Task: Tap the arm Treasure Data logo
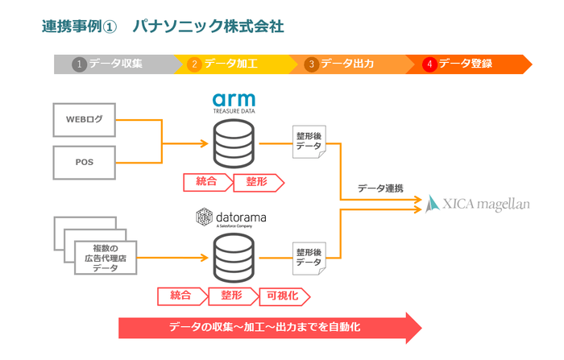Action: tap(234, 103)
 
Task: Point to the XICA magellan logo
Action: tap(479, 204)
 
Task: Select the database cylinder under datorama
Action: tap(234, 257)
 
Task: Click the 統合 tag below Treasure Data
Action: tap(206, 182)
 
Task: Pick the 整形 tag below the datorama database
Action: tap(231, 296)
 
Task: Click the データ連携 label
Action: tap(381, 188)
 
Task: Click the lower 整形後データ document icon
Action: tap(309, 257)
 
